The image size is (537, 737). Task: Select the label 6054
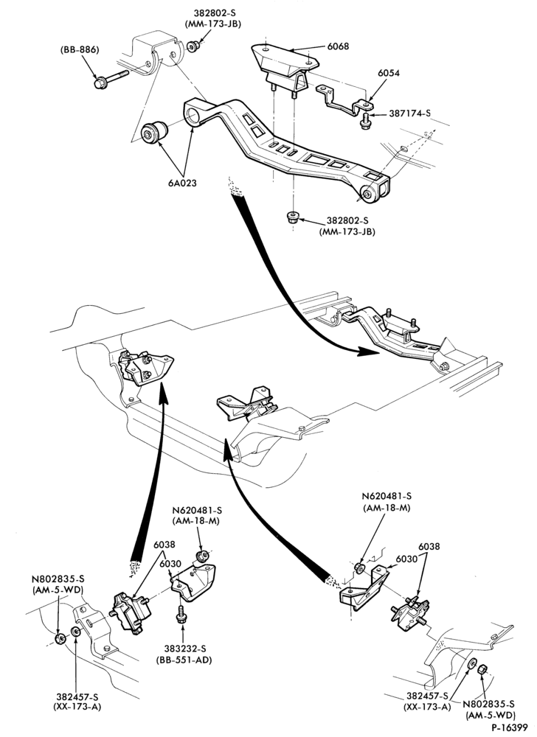pos(389,73)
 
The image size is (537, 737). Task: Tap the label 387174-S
pos(411,113)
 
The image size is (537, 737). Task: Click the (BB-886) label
pos(79,49)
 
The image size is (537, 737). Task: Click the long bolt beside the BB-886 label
pos(111,79)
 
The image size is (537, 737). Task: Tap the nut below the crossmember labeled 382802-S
pos(292,217)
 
